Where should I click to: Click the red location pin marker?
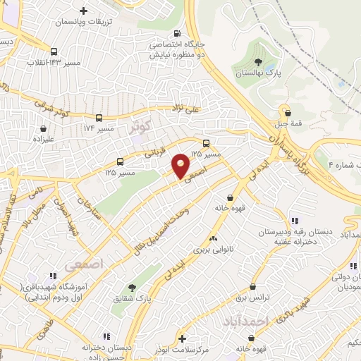pos(181,166)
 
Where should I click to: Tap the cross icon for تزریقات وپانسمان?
pos(84,11)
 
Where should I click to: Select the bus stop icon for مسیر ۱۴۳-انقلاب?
pos(54,51)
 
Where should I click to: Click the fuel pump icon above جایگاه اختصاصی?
pos(176,32)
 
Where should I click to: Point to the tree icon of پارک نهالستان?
pos(258,62)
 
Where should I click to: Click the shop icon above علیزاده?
pos(45,129)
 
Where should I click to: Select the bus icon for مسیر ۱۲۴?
pos(99,118)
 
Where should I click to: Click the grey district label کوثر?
pos(141,127)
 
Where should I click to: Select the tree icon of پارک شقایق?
pos(131,287)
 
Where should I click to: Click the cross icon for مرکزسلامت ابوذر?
pos(183,338)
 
